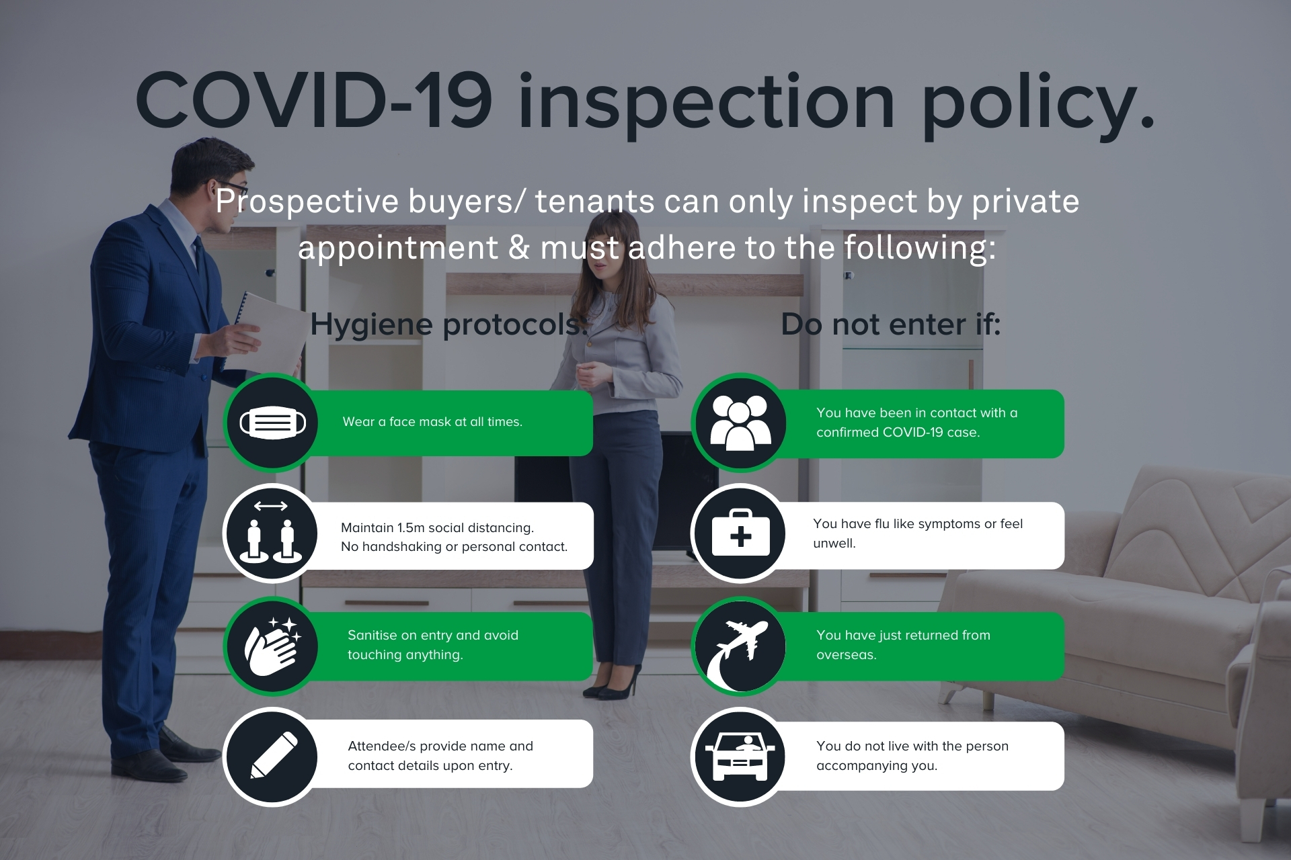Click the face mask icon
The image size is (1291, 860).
coord(272,423)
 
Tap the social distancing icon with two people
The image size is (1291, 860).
coord(272,532)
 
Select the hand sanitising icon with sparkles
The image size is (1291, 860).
coord(273,646)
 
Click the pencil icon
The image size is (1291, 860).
coord(274,756)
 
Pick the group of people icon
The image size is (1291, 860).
coord(740,423)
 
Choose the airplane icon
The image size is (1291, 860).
coord(740,647)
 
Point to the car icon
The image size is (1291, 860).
coord(740,756)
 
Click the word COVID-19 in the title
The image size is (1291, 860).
coord(314,100)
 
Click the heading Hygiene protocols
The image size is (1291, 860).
coord(448,325)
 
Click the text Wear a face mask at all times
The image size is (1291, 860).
coord(432,422)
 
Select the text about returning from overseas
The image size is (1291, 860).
coord(903,644)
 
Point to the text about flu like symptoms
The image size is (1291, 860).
coord(918,533)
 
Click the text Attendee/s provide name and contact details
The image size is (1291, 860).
coord(440,755)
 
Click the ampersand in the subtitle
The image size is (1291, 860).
coord(518,247)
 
